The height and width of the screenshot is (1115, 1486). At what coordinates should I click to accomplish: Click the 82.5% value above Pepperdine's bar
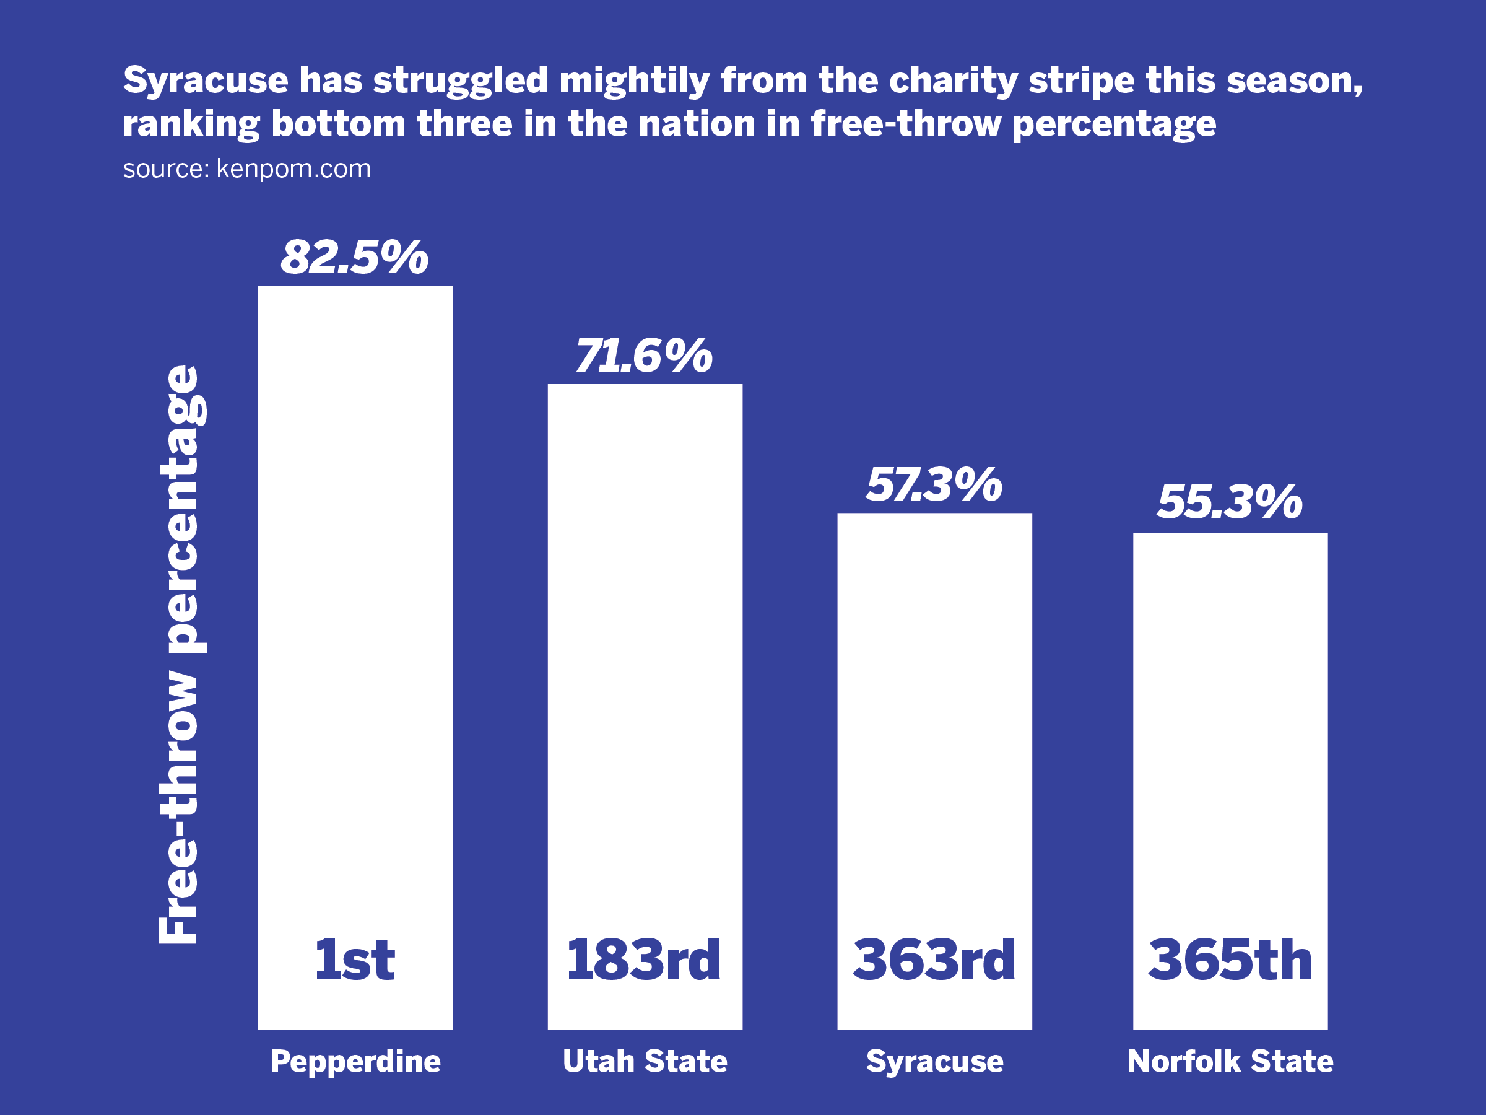tap(354, 258)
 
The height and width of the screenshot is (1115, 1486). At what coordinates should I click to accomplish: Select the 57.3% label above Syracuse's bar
tap(934, 484)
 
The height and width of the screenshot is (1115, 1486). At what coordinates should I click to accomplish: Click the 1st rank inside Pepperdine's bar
tap(355, 960)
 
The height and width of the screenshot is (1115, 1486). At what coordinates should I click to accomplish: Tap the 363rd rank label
tap(934, 960)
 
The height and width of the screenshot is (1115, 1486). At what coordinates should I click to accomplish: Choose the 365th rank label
tap(1230, 960)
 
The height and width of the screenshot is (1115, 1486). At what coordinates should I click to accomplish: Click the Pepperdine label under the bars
tap(355, 1062)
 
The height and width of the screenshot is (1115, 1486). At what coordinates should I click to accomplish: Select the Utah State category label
tap(645, 1061)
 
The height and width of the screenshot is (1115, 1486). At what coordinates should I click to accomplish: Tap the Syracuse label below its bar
tap(934, 1062)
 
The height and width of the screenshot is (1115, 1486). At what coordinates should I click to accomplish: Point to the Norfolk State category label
tap(1230, 1061)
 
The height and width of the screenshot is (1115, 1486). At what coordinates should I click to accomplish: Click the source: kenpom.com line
tap(246, 168)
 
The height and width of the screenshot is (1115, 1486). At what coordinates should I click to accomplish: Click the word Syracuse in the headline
tap(206, 81)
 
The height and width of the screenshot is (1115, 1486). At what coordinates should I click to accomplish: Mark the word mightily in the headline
tap(634, 81)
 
